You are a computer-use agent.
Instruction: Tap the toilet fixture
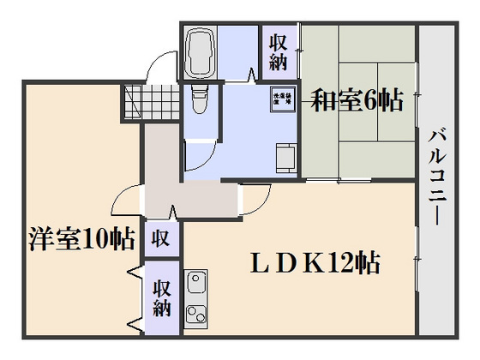tap(198, 101)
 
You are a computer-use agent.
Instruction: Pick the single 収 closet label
tap(160, 237)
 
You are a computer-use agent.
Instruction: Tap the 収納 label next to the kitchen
tap(161, 297)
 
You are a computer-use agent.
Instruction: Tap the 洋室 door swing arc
tap(129, 201)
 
